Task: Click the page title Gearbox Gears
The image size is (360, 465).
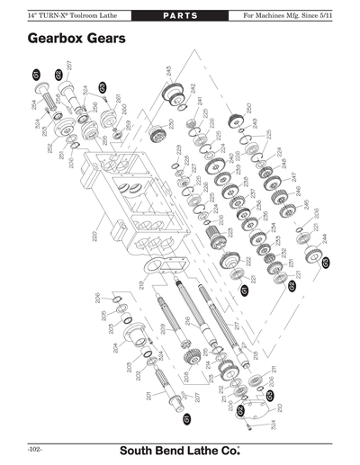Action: (x=76, y=40)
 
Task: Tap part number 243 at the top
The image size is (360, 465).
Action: (x=169, y=71)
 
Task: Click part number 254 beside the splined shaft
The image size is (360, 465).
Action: (x=33, y=106)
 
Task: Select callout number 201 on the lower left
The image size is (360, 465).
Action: (x=148, y=397)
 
